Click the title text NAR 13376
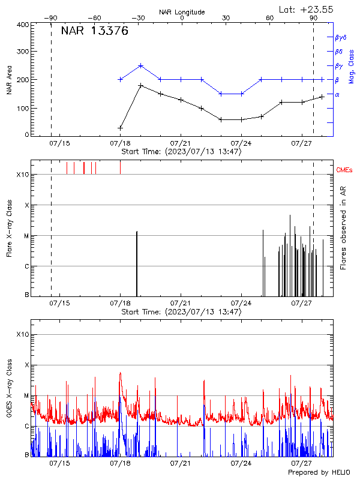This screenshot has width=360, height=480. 95,32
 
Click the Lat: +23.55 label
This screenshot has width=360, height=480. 307,9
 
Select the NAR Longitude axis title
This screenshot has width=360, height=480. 182,11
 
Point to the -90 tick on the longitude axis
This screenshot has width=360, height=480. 50,18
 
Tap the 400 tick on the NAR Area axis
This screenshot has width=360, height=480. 23,25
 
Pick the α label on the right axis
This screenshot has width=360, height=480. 337,94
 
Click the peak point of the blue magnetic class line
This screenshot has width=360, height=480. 140,65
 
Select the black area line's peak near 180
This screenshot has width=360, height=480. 140,85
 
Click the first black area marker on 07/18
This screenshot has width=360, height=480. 121,128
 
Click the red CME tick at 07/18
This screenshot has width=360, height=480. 120,167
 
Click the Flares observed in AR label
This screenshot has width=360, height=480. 343,226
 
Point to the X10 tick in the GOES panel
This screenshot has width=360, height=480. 22,334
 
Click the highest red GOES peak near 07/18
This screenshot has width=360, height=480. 120,373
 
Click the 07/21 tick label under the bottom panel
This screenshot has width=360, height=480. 181,463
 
